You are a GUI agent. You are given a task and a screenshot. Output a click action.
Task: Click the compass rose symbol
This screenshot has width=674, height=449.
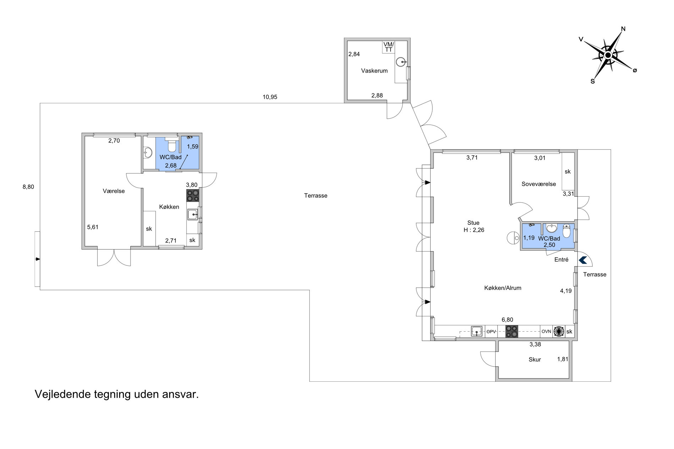coord(608,55)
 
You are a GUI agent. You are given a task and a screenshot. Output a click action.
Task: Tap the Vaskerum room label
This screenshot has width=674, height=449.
coord(374,71)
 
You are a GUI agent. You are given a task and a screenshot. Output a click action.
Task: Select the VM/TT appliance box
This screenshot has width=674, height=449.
coord(389,47)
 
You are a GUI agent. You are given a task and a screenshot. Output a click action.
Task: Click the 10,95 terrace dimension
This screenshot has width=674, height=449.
coord(270,97)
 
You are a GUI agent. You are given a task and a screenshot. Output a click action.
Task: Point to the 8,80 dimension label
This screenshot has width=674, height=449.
coord(28,187)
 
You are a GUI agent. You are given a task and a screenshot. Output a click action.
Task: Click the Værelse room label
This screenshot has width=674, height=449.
coord(114,191)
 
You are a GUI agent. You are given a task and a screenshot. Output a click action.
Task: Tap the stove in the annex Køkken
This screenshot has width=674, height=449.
coord(193,196)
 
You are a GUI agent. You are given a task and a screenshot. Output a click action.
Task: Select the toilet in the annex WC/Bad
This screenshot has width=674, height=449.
coord(172,145)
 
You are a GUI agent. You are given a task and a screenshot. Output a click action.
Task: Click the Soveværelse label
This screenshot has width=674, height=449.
coord(539,184)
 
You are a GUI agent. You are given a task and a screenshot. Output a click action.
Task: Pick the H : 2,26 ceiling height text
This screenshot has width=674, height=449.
coord(474,230)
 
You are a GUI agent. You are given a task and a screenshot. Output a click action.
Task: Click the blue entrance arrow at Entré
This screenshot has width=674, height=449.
coord(583,260)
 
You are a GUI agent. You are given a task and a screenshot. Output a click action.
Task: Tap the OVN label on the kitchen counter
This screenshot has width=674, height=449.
coord(546,332)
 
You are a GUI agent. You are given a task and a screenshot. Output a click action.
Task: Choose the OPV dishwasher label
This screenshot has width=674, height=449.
coord(491,332)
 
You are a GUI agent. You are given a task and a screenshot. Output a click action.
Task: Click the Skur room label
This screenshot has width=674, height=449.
coord(535,360)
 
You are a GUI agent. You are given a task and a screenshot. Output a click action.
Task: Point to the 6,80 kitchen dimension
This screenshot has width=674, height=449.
coord(507,320)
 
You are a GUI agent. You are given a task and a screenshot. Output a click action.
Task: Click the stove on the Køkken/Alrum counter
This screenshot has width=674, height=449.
coord(512,331)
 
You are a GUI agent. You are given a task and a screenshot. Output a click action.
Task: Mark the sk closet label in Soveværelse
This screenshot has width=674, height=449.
coord(568,172)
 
